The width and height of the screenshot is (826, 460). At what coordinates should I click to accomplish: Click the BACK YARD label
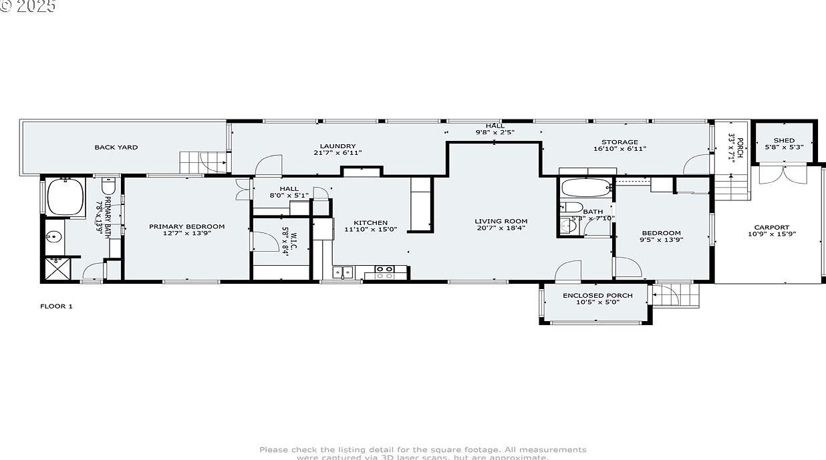[116, 147]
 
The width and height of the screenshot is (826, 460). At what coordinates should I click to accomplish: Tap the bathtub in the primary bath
[65, 197]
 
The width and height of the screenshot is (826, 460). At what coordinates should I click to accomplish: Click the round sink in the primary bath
[53, 236]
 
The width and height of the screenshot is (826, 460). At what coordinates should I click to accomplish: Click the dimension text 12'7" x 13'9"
[186, 234]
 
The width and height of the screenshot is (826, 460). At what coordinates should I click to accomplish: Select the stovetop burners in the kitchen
[384, 271]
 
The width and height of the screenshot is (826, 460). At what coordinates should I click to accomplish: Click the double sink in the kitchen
[343, 272]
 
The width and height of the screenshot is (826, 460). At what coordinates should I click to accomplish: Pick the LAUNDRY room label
[337, 146]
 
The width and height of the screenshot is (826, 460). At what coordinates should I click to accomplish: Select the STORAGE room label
[619, 142]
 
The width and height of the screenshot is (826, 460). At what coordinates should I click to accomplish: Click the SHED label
[784, 140]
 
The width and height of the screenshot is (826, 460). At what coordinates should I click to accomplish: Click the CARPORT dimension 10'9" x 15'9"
[771, 234]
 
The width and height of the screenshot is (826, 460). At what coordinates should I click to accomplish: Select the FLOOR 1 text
[56, 306]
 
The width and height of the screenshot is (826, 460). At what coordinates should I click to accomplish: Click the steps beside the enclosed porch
[676, 294]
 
